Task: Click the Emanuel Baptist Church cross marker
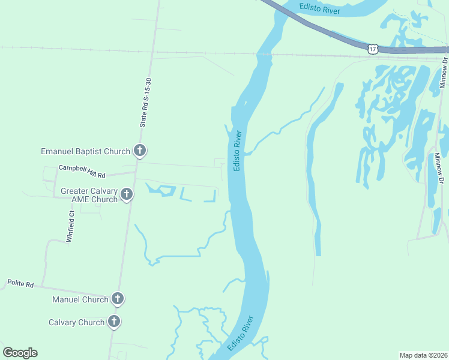139,151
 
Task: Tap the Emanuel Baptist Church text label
85,151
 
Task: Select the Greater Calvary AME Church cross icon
126,194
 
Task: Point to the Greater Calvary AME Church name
89,195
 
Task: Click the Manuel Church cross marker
118,298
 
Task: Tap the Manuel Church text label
80,299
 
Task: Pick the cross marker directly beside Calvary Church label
113,322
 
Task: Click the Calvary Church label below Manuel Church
76,322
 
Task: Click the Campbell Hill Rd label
82,172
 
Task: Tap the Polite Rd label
20,283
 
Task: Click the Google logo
20,352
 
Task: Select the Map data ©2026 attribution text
423,355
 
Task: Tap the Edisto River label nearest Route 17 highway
320,10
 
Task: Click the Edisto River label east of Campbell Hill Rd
238,150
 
